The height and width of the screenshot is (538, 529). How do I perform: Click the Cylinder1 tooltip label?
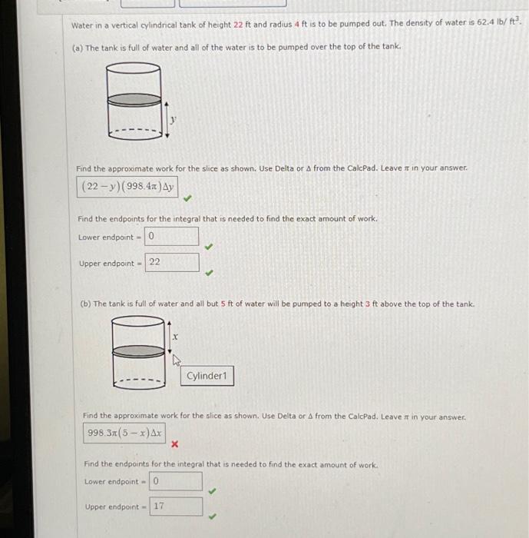pos(207,376)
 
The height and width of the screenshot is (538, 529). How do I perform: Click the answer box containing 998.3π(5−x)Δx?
pos(124,433)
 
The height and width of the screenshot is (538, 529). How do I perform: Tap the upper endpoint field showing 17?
pos(176,506)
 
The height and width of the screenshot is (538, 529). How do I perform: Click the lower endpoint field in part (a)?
pos(171,237)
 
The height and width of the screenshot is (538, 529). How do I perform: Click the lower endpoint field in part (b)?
pos(176,482)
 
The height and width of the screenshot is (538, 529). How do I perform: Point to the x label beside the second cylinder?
pos(176,336)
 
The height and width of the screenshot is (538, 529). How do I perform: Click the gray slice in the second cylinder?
pos(138,349)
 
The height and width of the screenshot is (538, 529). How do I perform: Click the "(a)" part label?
pos(77,48)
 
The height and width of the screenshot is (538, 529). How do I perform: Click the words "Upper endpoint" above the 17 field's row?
pos(112,507)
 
